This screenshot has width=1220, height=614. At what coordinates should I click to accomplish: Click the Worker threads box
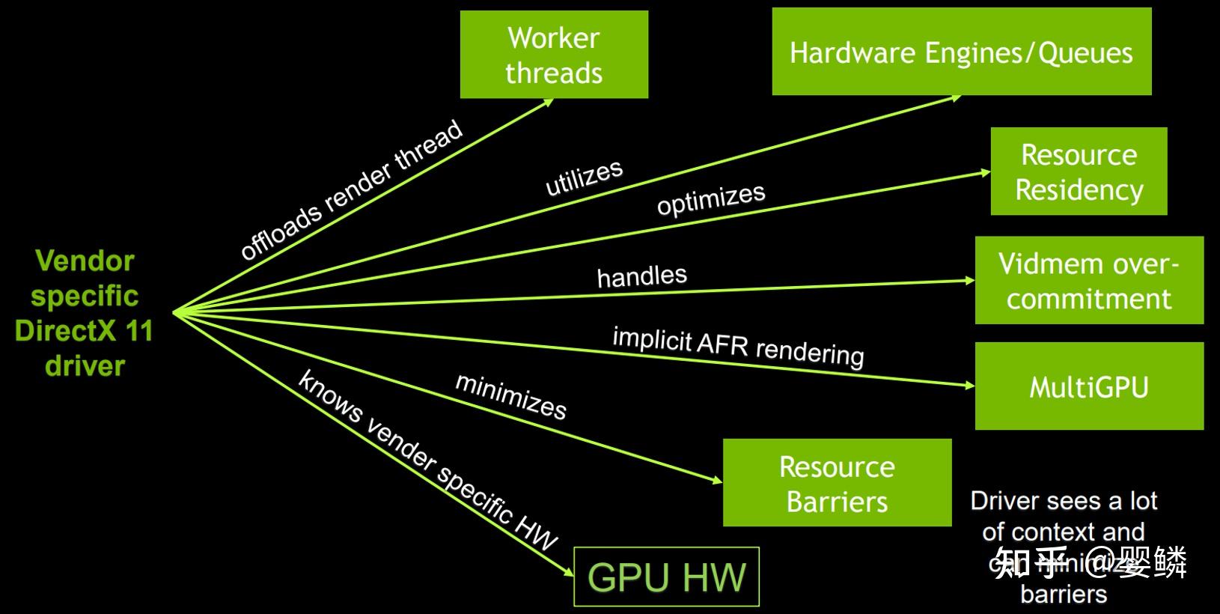[554, 55]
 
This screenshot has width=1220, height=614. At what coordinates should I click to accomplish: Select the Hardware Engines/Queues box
[961, 52]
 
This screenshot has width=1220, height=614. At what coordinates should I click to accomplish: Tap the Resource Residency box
[1079, 171]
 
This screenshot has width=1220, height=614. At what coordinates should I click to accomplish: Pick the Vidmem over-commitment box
[1089, 281]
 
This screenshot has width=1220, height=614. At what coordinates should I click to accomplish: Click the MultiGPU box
[1089, 387]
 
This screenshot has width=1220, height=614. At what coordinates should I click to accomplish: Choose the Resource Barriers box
[837, 483]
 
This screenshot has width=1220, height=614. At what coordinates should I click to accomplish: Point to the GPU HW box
[666, 577]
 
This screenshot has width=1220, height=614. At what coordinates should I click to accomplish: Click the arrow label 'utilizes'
[584, 177]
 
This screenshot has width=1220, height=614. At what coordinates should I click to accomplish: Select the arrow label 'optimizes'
[711, 198]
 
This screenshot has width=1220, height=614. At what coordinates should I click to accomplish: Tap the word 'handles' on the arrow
[641, 276]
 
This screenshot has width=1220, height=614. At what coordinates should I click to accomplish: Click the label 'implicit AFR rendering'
[738, 346]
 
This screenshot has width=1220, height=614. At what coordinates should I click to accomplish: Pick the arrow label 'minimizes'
[510, 396]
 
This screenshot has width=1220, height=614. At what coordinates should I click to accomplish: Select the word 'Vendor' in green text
[85, 261]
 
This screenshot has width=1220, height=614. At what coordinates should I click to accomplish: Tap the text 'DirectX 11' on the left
[84, 330]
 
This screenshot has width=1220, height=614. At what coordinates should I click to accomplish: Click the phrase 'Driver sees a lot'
[1063, 500]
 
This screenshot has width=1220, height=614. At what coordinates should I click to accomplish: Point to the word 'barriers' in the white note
[1063, 595]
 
